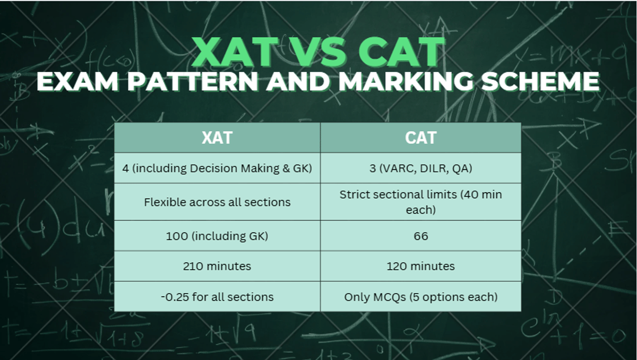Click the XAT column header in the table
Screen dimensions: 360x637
tap(217, 138)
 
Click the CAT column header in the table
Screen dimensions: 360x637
tap(420, 138)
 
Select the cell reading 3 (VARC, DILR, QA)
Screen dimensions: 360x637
tap(420, 168)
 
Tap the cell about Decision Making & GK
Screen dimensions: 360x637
tap(217, 168)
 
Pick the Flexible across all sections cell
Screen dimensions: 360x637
tap(217, 202)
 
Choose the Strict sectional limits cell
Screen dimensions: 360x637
tap(420, 202)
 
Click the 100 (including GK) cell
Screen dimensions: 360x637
tap(217, 236)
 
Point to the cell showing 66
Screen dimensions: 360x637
tap(420, 236)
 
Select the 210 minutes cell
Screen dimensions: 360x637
tap(217, 266)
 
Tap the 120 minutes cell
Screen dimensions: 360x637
tap(420, 266)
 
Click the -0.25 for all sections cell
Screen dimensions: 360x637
tap(217, 296)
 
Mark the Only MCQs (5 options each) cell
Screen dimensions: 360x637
tap(420, 296)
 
